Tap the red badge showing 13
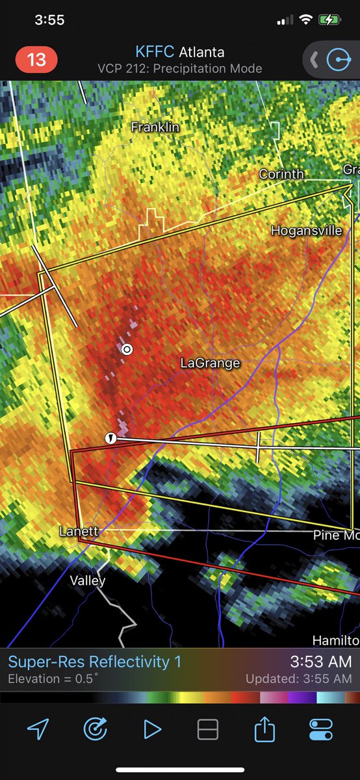coord(36,60)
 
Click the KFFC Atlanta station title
coord(179,52)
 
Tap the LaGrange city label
coord(210,363)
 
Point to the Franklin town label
coord(155,127)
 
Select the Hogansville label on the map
coord(306,231)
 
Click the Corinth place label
coord(281,174)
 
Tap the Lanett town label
coord(79,531)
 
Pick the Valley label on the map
coord(88,580)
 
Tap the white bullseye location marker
coord(127,349)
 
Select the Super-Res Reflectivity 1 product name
coord(95,662)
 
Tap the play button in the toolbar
coord(152,730)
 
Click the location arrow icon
coord(38,730)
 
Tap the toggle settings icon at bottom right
coord(321,730)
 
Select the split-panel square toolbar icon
coord(208,730)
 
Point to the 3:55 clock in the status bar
coord(49,20)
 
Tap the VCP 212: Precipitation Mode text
coord(179,68)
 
